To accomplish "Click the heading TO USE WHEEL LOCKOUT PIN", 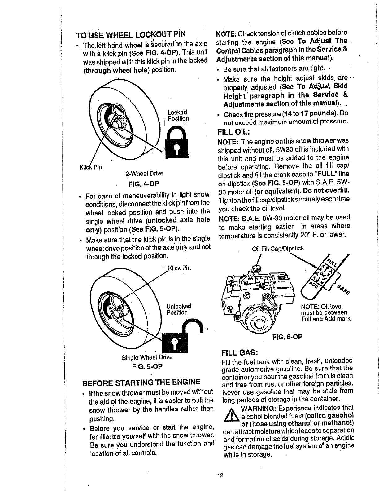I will click(132, 34).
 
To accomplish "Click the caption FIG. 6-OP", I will click(287, 337).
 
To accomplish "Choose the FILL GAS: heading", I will click(240, 353).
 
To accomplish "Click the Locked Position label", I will click(178, 115).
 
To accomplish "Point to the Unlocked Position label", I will click(179, 309).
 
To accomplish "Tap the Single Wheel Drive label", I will click(147, 357).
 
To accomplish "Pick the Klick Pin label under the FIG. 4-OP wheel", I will click(91, 167).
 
